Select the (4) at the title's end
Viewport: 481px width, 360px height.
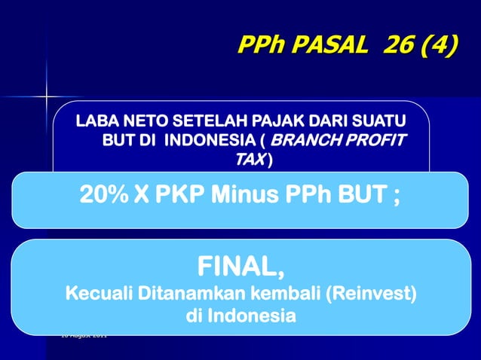[x=440, y=47]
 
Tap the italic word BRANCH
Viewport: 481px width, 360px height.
[x=305, y=140]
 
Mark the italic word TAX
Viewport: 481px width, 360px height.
[x=248, y=160]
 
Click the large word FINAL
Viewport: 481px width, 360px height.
[x=239, y=266]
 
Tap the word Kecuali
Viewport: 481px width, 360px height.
[x=99, y=292]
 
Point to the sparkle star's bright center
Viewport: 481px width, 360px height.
[x=47, y=97]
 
